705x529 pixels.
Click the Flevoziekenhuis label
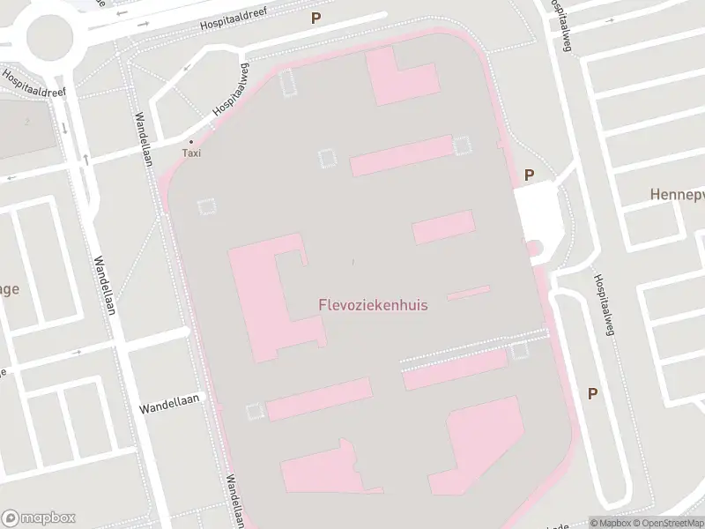point(373,305)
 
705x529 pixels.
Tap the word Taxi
point(191,153)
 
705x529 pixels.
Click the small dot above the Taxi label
point(191,141)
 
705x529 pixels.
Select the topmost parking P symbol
point(315,17)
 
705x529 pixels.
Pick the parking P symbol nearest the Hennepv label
point(529,175)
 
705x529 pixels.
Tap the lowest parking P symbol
point(592,393)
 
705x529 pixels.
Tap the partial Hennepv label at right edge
point(676,194)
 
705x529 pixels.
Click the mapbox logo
point(39,518)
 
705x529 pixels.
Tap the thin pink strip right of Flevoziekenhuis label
point(469,292)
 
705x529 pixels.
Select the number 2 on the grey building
point(27,122)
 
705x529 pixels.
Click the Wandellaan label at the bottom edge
point(234,499)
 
